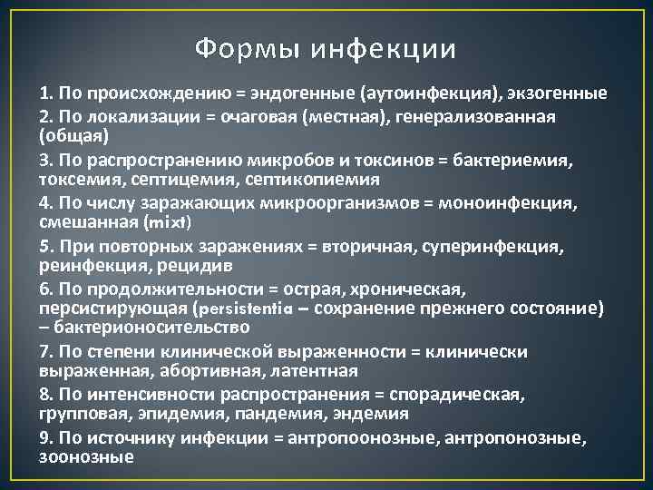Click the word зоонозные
click(87, 456)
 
